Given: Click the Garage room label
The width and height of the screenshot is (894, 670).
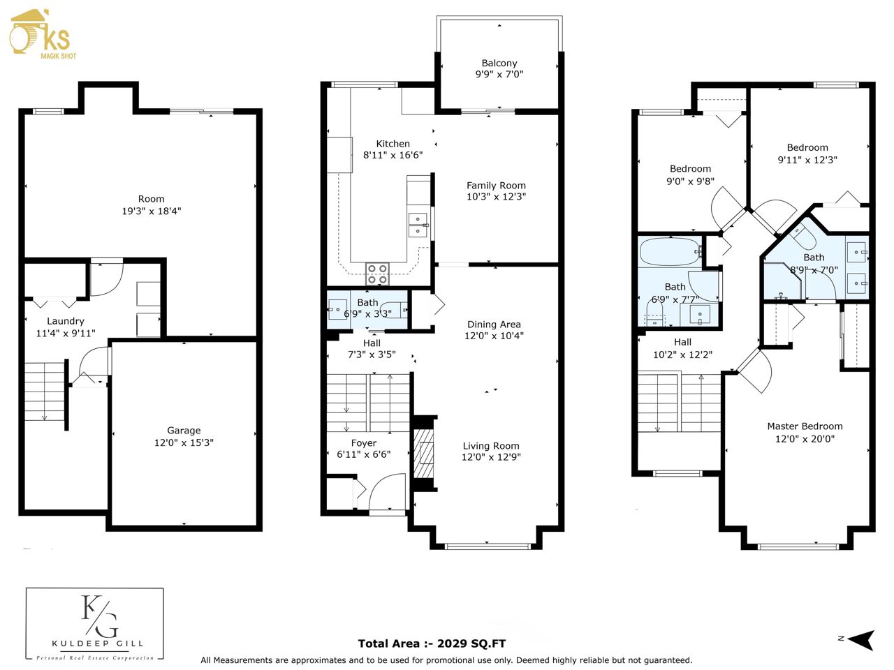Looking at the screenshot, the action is (x=184, y=431).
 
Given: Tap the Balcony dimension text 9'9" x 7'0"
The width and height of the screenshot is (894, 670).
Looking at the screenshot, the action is (x=499, y=74).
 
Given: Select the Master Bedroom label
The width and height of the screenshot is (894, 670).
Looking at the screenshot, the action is (x=805, y=426).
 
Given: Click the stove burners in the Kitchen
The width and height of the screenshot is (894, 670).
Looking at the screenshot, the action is (x=377, y=274).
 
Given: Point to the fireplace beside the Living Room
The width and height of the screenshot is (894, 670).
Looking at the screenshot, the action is (x=423, y=453).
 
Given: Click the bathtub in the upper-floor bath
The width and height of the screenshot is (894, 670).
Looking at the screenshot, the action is (x=669, y=251).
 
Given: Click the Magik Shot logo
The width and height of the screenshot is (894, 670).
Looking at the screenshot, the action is (x=43, y=34).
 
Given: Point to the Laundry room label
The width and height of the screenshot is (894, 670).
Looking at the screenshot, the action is (x=66, y=321).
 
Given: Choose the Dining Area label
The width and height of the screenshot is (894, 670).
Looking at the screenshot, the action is (x=494, y=325).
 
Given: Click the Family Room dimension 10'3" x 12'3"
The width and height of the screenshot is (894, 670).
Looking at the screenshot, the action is (x=496, y=197).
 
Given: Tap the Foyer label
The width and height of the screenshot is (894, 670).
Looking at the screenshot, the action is (x=364, y=443).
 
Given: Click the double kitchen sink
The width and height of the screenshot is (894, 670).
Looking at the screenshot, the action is (x=418, y=225).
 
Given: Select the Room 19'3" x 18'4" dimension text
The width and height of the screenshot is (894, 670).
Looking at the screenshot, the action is (x=152, y=211).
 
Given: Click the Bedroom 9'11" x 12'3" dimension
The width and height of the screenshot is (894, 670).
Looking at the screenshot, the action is (x=807, y=160).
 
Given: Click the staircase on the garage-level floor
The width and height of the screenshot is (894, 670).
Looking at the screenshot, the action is (x=45, y=392).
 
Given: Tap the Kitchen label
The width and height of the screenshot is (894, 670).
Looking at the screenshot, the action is (x=393, y=144).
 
